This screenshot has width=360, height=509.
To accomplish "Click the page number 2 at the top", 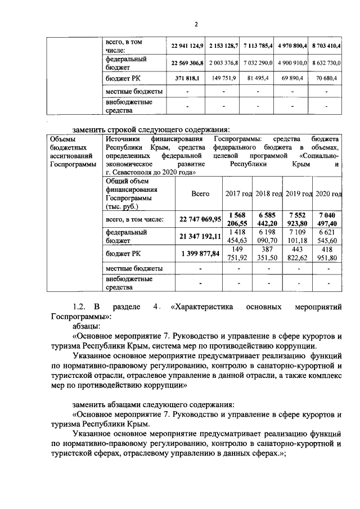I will [x=196, y=24].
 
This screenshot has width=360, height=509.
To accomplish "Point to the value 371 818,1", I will [x=188, y=79].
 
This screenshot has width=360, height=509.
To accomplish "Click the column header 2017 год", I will [x=238, y=193].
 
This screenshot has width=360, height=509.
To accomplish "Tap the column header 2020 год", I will [x=328, y=193].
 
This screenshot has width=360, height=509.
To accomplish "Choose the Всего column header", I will [x=200, y=193].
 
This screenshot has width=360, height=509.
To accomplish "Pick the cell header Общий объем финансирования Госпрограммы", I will [x=133, y=193].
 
